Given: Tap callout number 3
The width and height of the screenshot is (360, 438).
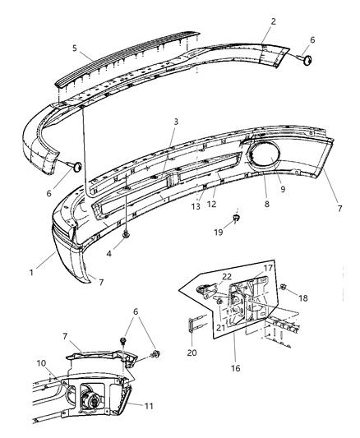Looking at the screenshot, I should (x=175, y=122).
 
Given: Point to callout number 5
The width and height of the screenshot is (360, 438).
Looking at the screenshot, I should (x=76, y=48).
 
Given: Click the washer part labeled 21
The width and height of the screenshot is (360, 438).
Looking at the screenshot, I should (x=220, y=302).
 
